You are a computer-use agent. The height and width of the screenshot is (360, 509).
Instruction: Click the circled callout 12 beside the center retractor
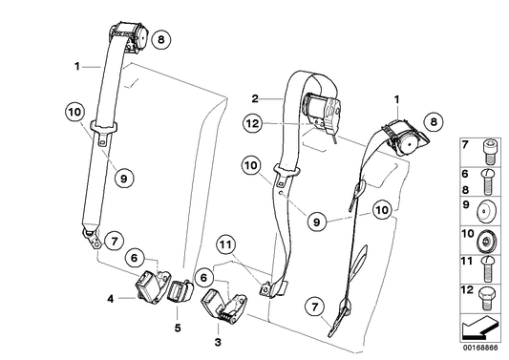click(x=252, y=123)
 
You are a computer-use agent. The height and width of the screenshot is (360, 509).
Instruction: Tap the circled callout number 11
click(x=226, y=244)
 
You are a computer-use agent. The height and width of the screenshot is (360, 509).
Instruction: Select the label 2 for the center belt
click(x=255, y=98)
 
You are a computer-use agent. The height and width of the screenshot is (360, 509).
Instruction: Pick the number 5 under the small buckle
click(x=178, y=328)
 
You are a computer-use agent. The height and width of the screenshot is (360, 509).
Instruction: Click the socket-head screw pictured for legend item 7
click(x=489, y=152)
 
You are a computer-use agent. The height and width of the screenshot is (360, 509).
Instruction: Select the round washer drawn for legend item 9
click(x=487, y=211)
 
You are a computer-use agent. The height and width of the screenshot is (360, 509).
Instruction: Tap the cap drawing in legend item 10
click(x=486, y=242)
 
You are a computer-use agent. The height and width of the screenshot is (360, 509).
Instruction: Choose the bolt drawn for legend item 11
click(x=488, y=269)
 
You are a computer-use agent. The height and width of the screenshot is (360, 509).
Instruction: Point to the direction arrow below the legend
click(x=479, y=327)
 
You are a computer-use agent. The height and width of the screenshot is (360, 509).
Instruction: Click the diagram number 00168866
click(x=480, y=348)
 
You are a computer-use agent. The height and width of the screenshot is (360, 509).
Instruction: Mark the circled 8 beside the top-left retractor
click(x=161, y=39)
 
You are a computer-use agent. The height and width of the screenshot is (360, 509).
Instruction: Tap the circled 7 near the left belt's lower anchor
click(x=114, y=242)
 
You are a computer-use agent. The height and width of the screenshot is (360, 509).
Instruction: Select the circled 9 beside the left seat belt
click(x=124, y=178)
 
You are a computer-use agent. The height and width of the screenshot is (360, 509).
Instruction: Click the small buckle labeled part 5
click(x=179, y=291)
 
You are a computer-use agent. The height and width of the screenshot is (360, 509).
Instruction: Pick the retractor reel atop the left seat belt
click(x=129, y=35)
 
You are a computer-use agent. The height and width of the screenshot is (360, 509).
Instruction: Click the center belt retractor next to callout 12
click(x=323, y=111)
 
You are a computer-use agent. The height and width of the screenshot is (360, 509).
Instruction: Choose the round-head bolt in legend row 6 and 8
click(x=486, y=181)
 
